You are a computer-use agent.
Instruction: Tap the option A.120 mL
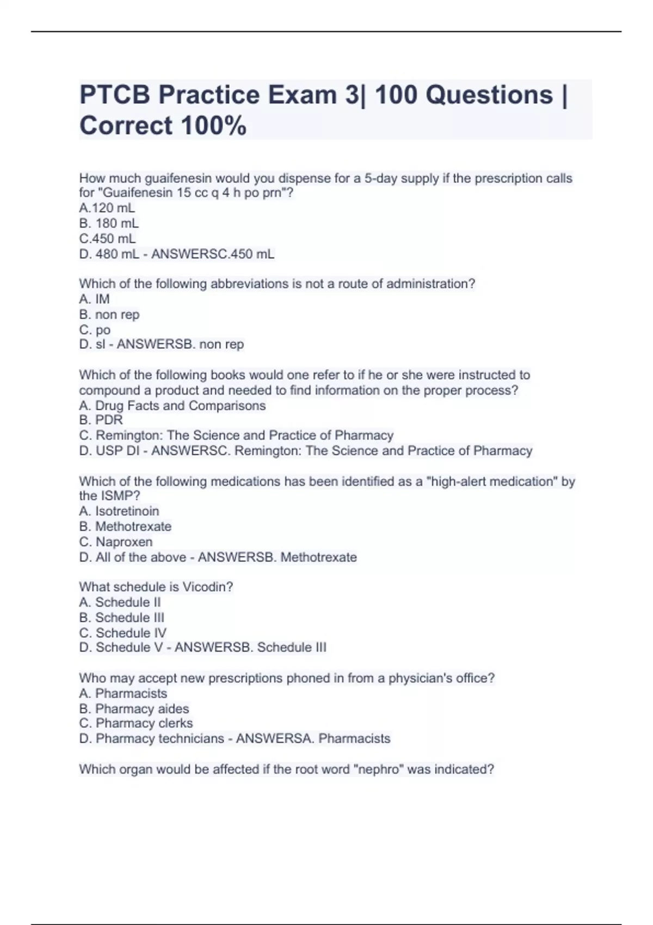tap(107, 208)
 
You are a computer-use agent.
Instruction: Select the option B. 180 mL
tap(109, 223)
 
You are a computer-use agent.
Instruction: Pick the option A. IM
tap(94, 299)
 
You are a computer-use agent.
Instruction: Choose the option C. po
tap(95, 330)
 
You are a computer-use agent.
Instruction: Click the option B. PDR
tap(101, 420)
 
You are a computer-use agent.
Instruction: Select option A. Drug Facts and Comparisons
tap(172, 405)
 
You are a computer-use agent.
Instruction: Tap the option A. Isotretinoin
tap(119, 511)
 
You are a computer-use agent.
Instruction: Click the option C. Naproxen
tap(115, 541)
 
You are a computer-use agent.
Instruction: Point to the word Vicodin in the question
tap(207, 587)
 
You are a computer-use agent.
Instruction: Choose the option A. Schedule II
tap(120, 602)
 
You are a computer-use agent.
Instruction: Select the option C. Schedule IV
tap(122, 632)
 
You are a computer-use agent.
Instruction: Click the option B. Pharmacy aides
tap(134, 708)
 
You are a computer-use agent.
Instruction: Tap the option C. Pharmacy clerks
tap(135, 723)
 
